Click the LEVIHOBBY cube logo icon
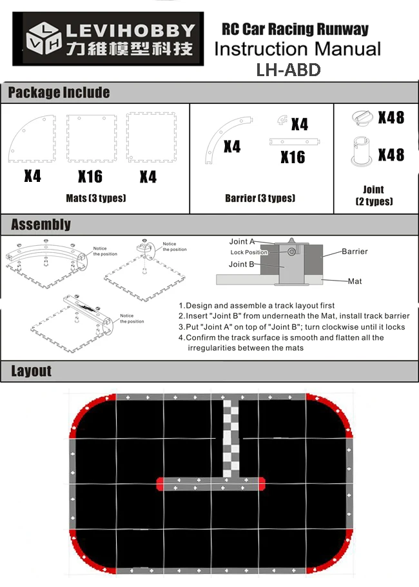tap(41, 39)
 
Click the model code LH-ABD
tap(288, 70)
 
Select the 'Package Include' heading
tap(59, 93)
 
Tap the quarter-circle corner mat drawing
tap(31, 138)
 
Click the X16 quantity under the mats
tap(90, 176)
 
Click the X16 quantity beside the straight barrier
tap(293, 157)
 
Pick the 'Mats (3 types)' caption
tap(95, 198)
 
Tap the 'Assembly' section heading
tap(41, 224)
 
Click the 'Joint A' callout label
tap(242, 242)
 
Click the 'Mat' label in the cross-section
tap(355, 281)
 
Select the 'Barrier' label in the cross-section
tap(355, 252)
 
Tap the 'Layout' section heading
tap(31, 371)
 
